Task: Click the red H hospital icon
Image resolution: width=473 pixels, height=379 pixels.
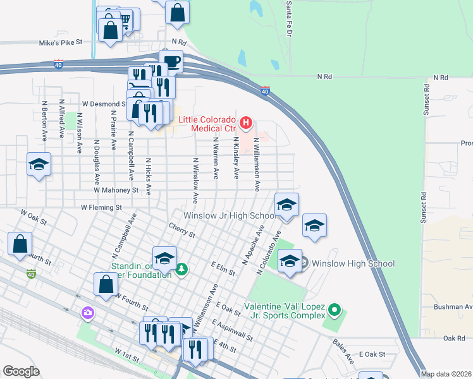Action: tap(247, 121)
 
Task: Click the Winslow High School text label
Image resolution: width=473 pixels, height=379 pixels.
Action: tap(353, 263)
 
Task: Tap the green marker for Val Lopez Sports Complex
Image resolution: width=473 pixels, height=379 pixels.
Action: tap(335, 310)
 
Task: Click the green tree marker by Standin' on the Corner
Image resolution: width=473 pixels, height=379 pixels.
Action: tap(182, 270)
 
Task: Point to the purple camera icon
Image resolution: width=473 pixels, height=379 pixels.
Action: tap(87, 313)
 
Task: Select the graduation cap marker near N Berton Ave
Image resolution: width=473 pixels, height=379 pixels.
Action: tap(39, 165)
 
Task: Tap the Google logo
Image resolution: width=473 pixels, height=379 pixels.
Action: tap(21, 371)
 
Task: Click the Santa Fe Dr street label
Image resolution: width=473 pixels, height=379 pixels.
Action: tap(288, 9)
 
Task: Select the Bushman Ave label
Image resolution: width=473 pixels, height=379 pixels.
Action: tap(453, 307)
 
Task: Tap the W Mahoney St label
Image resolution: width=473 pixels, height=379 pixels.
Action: tap(116, 189)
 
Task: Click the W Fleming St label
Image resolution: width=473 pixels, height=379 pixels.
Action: tap(101, 207)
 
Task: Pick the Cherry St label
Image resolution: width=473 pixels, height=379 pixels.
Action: tap(181, 230)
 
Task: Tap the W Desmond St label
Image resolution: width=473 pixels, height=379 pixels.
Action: tap(104, 104)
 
